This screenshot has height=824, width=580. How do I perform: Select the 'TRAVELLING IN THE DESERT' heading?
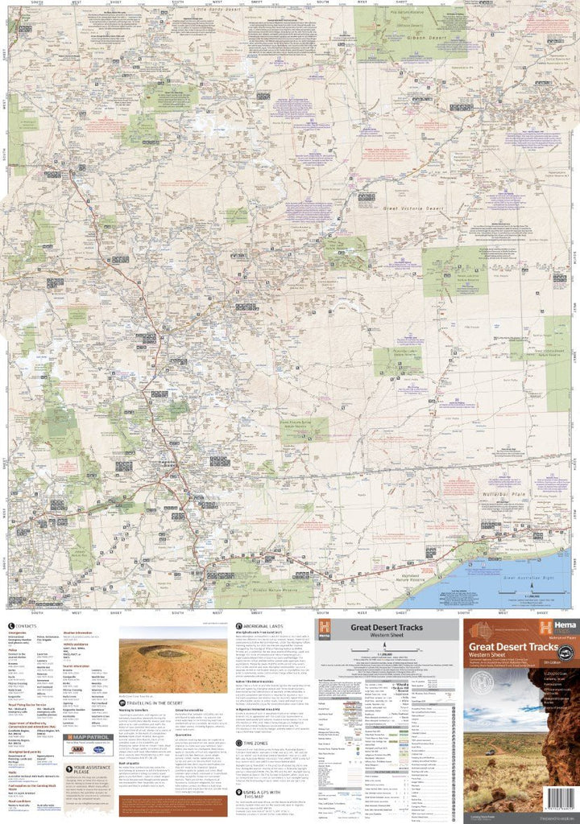(153, 702)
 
